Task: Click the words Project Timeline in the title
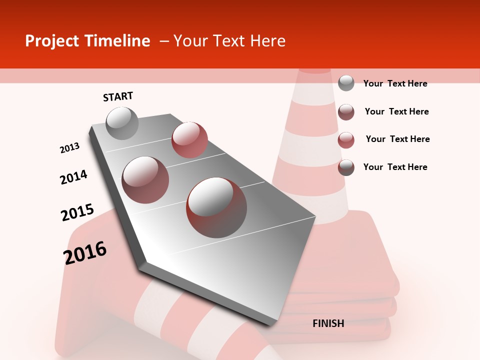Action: click(x=87, y=41)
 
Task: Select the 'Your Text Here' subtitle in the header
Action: click(x=229, y=41)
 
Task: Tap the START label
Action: click(x=118, y=96)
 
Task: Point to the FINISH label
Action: click(x=328, y=323)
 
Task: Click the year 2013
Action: click(x=70, y=148)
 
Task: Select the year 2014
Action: click(x=74, y=177)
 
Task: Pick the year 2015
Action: click(x=77, y=212)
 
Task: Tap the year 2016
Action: click(x=85, y=252)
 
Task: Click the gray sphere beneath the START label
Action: click(x=122, y=123)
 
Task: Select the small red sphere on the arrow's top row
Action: click(x=189, y=140)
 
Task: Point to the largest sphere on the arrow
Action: click(x=216, y=207)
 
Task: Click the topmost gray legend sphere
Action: click(x=346, y=83)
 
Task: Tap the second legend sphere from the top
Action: click(x=346, y=112)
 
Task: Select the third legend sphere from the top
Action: click(x=346, y=140)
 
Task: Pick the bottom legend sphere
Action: click(x=346, y=167)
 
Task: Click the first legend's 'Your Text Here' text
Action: click(x=395, y=83)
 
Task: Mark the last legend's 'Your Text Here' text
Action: click(x=395, y=167)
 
